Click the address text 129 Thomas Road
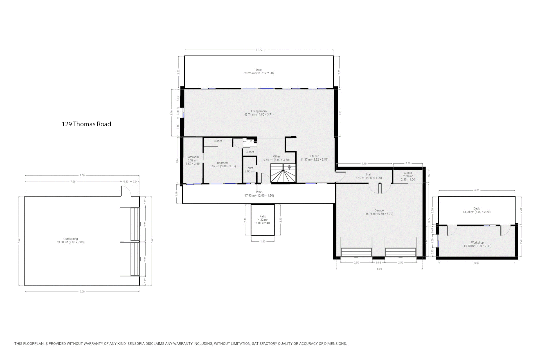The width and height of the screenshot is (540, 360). [x=86, y=124]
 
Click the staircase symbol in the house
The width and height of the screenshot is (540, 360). [x=283, y=173]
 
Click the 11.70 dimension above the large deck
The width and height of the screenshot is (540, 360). [x=259, y=50]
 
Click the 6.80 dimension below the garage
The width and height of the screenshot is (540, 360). [x=379, y=269]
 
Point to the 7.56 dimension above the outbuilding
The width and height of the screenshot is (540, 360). [x=73, y=182]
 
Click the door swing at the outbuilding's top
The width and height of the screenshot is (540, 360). [x=125, y=191]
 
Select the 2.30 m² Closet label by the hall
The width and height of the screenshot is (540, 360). [x=408, y=176]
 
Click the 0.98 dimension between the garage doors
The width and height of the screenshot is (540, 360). [x=378, y=263]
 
